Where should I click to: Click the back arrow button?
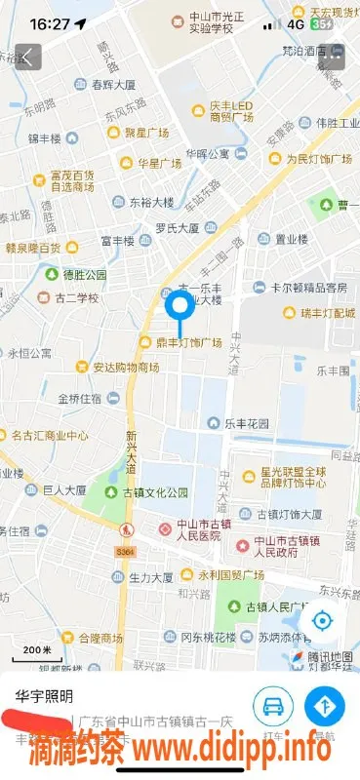(x=28, y=57)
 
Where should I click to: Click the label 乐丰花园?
(x=247, y=424)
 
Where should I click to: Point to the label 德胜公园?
(x=84, y=275)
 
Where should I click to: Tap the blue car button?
(x=273, y=704)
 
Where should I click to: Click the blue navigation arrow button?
(x=325, y=704)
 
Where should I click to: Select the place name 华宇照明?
(x=44, y=696)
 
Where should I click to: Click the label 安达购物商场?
(x=125, y=369)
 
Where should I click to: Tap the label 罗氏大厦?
(x=177, y=228)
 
